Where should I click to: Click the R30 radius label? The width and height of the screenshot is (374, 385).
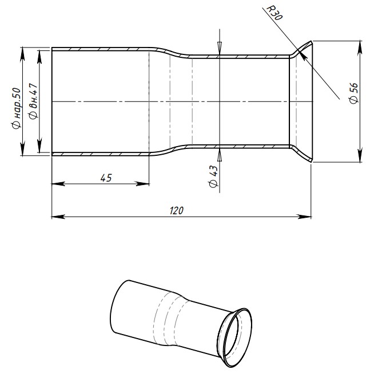point(274,13)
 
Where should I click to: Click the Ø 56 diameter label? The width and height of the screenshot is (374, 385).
point(353,93)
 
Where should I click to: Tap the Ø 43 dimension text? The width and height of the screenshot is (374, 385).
point(213,176)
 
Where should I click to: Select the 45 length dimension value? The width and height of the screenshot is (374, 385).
point(106,178)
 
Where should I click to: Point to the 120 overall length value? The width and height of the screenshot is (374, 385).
point(177,210)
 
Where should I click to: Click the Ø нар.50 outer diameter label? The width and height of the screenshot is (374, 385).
point(17,108)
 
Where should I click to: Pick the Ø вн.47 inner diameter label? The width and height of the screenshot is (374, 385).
point(33,101)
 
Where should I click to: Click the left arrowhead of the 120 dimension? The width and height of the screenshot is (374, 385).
point(58,217)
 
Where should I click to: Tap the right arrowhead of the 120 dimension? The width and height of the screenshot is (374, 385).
point(304,217)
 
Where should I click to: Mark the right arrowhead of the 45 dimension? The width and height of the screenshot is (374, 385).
point(142,184)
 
